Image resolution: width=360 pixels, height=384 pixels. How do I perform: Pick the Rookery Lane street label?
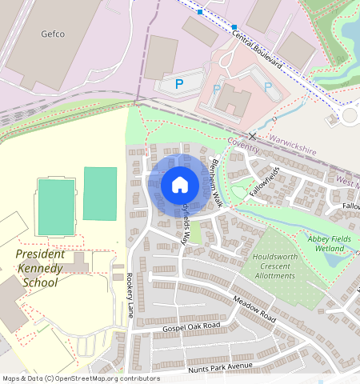pos(130,294)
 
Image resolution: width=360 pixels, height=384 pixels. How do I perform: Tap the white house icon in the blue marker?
pos(180,186)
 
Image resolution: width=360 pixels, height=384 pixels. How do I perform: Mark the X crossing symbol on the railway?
pos(253,136)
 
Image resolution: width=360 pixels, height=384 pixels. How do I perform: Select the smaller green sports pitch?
pos(99,193)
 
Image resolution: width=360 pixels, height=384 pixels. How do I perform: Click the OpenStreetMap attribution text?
pos(81,378)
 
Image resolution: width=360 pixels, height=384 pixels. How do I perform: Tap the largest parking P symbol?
pos(178,82)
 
